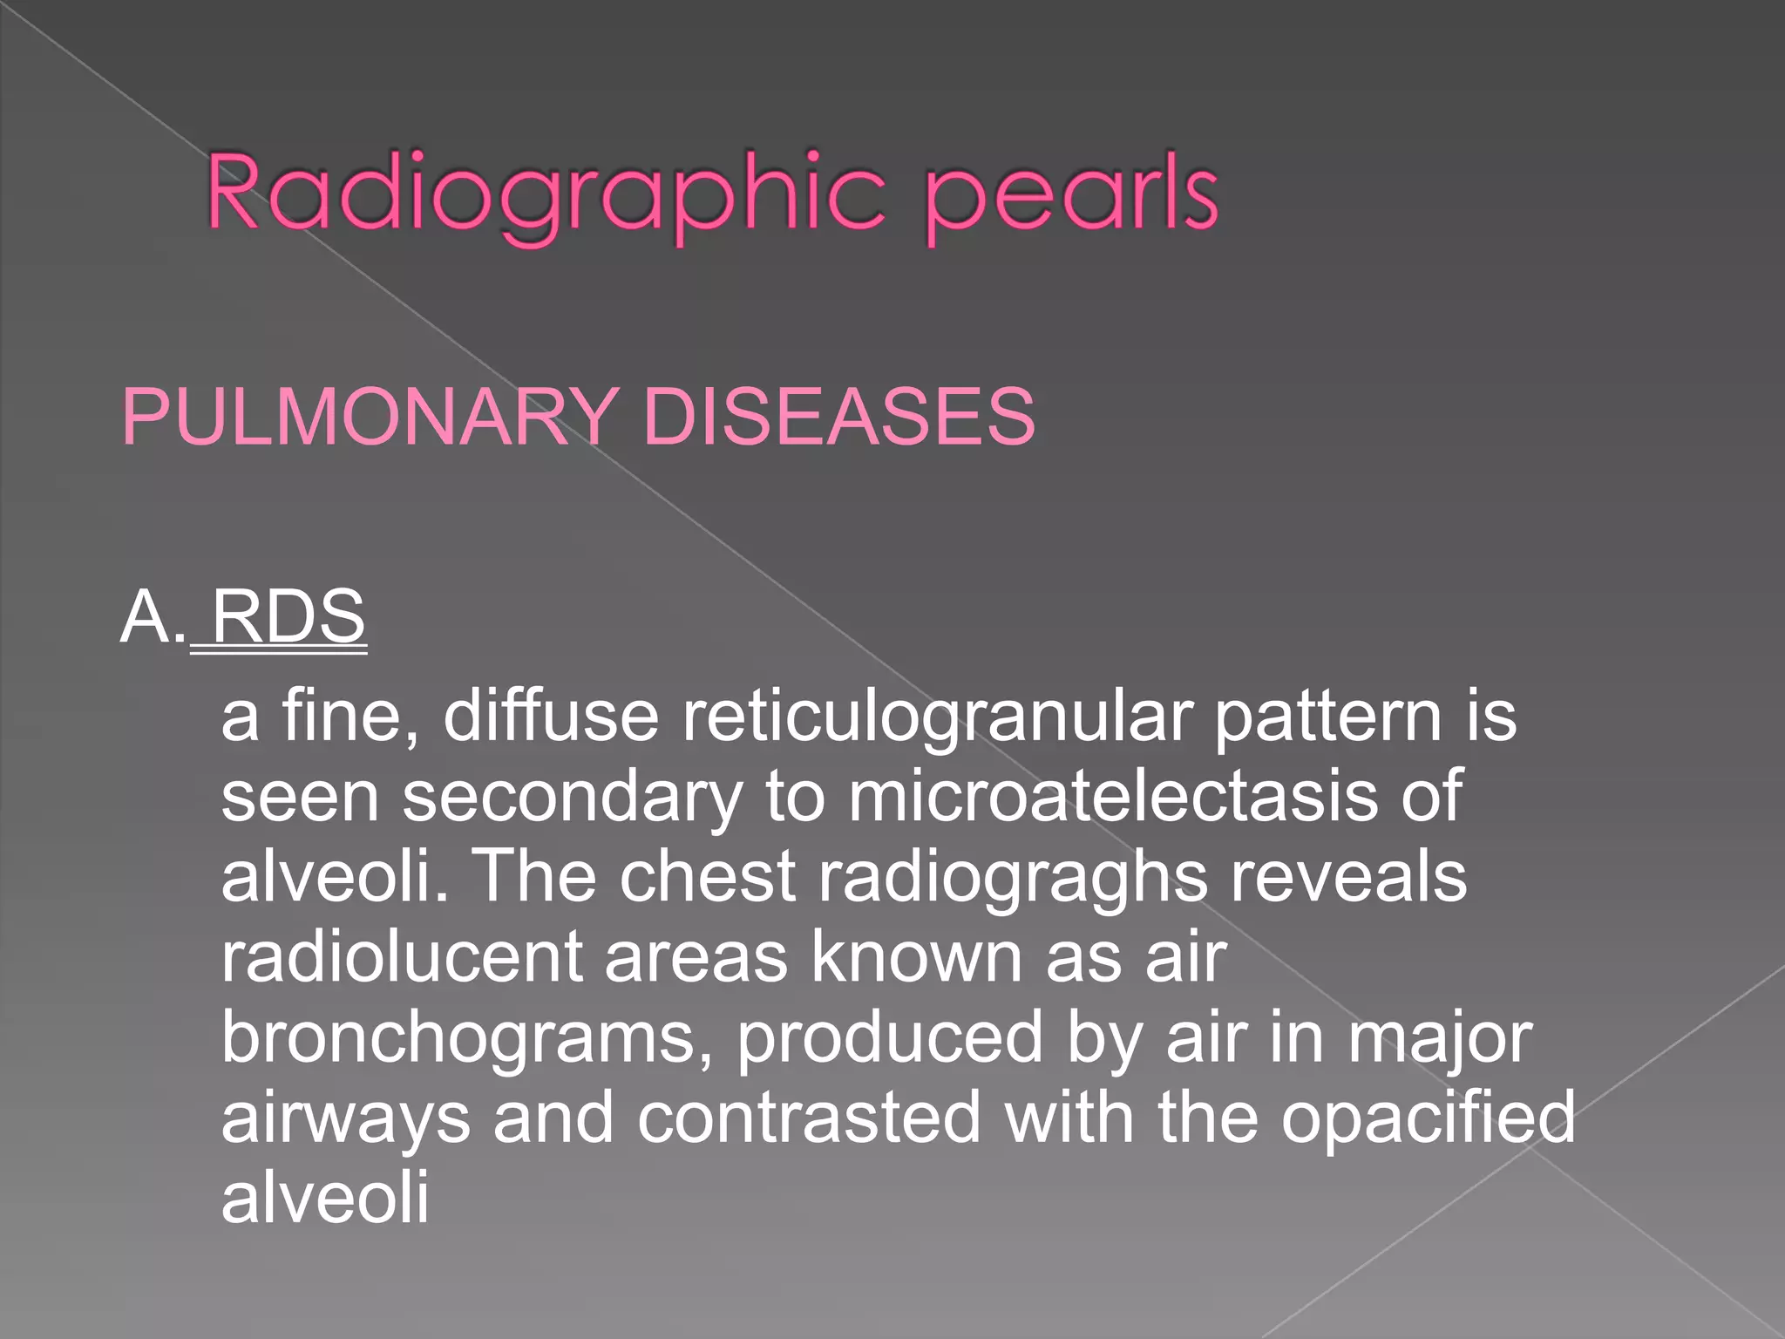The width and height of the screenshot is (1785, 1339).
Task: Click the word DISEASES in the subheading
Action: (838, 417)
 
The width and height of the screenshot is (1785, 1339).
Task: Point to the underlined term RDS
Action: (288, 617)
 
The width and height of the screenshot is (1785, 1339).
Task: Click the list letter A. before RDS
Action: (153, 617)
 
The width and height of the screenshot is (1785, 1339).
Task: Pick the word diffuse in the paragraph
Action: (551, 717)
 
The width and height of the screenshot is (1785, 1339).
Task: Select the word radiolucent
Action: (401, 957)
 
